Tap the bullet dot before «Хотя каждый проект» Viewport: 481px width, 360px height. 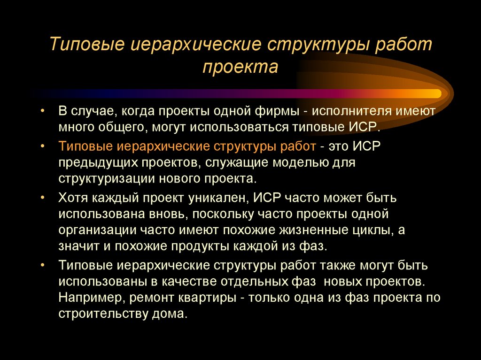point(43,198)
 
